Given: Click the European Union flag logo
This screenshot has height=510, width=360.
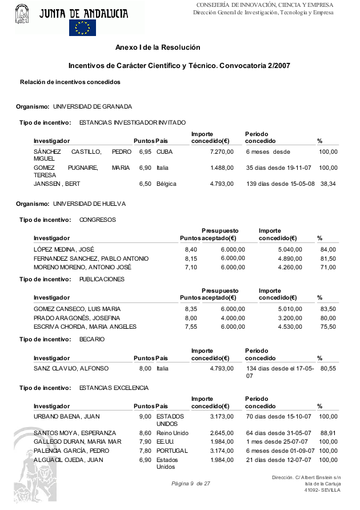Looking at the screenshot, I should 82,27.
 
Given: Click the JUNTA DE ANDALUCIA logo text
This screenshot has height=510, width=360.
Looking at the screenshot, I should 83,13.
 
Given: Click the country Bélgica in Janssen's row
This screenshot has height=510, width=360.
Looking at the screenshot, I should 166,184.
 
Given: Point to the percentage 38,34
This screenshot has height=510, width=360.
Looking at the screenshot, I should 329,184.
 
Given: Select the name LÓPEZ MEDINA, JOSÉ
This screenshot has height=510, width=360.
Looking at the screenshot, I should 64,249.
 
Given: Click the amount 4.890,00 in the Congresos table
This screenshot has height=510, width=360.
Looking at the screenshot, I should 290,258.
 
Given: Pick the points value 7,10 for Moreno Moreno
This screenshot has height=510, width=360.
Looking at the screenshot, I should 191,267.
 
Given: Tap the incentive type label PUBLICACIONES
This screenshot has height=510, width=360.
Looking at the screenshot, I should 102,279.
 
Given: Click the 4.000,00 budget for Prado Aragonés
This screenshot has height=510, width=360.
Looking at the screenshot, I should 233,318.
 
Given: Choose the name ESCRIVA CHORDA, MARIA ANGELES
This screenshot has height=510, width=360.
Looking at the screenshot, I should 85,327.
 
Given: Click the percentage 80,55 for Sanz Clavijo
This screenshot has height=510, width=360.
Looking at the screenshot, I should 329,369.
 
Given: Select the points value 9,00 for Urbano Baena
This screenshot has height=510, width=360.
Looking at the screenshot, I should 145,417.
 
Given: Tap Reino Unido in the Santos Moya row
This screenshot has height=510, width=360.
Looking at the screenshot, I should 172,433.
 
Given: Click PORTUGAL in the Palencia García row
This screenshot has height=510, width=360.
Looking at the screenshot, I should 172,451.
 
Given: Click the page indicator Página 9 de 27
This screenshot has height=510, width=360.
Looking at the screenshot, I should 191,484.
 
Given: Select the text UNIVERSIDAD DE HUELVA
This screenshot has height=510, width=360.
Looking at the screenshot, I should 90,204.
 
